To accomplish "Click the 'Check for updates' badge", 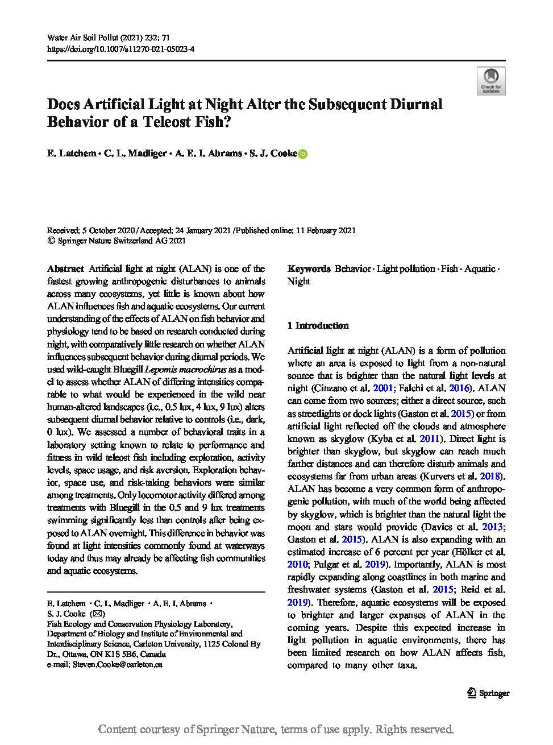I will (490, 80).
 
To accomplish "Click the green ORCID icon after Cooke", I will (303, 154).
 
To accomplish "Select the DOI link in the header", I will (120, 49).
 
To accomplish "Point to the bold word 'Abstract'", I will (65, 268).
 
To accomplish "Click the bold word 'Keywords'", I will (309, 268).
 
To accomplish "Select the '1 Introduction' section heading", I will (318, 325).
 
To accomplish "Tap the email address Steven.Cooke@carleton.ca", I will (118, 664).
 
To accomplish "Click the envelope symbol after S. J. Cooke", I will (98, 614).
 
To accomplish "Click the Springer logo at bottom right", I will (488, 693).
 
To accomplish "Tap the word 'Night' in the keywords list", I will (298, 281).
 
